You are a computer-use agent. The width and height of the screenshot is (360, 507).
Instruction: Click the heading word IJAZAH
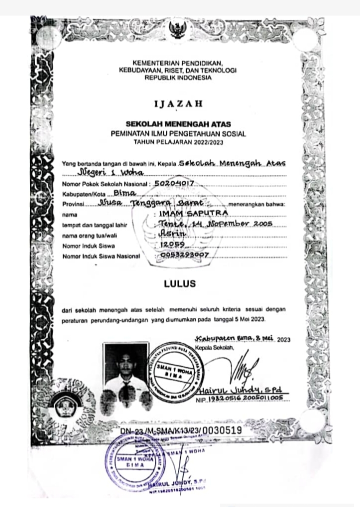click(x=178, y=104)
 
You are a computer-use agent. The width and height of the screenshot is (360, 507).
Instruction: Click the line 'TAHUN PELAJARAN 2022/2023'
click(x=178, y=142)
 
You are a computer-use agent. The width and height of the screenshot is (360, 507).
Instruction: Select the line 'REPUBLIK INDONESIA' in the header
click(x=178, y=78)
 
